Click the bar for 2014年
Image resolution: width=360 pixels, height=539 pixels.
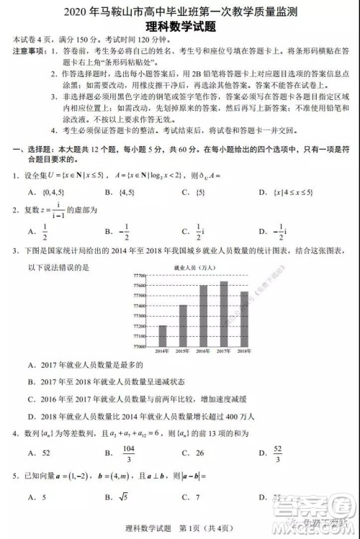pyautogui.click(x=162, y=335)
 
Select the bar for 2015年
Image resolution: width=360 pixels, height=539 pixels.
pyautogui.click(x=183, y=325)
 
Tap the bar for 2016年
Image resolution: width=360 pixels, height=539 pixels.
pyautogui.click(x=203, y=315)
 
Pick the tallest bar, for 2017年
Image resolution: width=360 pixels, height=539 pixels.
pyautogui.click(x=223, y=313)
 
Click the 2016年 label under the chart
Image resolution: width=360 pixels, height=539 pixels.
pyautogui.click(x=203, y=351)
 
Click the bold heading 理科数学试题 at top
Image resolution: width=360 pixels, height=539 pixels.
pyautogui.click(x=181, y=25)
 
